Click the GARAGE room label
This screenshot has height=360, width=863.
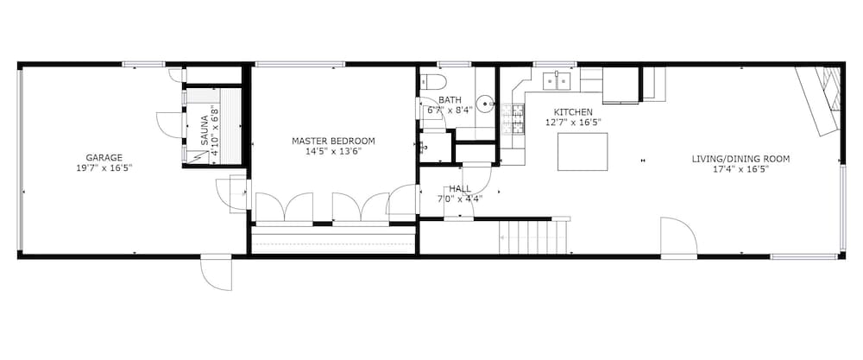click(104, 157)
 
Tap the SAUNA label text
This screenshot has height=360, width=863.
click(205, 130)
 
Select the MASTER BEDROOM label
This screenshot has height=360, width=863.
click(333, 141)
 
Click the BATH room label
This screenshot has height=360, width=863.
click(450, 99)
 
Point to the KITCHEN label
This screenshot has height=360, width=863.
click(573, 112)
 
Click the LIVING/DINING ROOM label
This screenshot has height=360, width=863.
click(740, 159)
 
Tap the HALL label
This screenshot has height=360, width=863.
click(460, 189)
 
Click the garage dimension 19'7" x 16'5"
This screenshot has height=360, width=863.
click(104, 167)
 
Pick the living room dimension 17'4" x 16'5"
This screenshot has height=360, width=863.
click(740, 169)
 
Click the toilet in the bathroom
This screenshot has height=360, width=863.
click(432, 81)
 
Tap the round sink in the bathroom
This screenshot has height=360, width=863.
click(484, 104)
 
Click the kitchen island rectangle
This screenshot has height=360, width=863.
click(583, 152)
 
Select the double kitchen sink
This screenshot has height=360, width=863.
click(557, 81)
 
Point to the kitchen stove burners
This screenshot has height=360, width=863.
click(519, 120)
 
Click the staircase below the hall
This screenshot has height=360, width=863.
click(532, 237)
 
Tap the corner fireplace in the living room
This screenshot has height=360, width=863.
click(819, 100)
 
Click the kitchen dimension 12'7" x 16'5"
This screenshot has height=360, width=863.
click(573, 123)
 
